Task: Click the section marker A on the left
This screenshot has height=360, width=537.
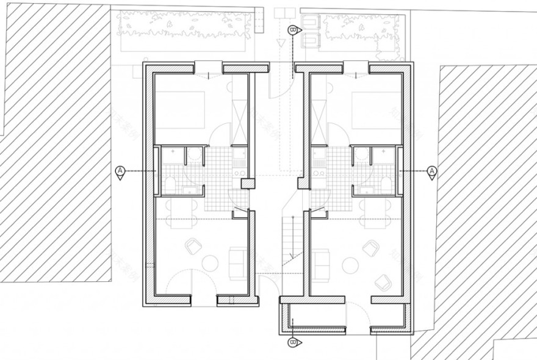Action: (120, 171)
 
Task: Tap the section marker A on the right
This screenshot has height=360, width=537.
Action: (432, 171)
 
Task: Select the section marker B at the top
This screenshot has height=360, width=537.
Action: (293, 30)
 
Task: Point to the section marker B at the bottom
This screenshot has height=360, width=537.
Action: (293, 342)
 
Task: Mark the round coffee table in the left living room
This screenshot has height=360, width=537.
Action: (209, 264)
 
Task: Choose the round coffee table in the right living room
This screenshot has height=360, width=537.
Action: (350, 264)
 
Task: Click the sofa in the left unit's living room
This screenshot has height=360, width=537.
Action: (237, 263)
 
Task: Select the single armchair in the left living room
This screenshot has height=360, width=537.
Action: (194, 246)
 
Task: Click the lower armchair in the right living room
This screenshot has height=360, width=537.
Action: (384, 282)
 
